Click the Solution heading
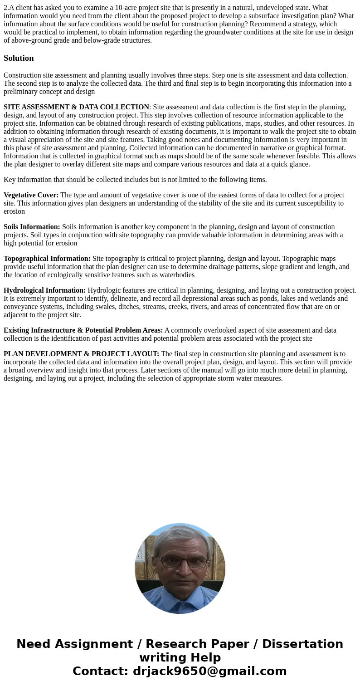[x=19, y=58]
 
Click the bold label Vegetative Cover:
[x=31, y=195]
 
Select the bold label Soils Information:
[x=32, y=227]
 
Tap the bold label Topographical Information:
[x=47, y=259]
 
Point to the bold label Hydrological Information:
[x=44, y=290]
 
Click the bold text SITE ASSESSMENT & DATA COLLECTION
[x=76, y=107]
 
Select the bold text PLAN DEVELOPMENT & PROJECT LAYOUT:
[x=81, y=354]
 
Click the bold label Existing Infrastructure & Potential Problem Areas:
[x=83, y=330]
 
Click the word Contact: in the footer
[x=100, y=671]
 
